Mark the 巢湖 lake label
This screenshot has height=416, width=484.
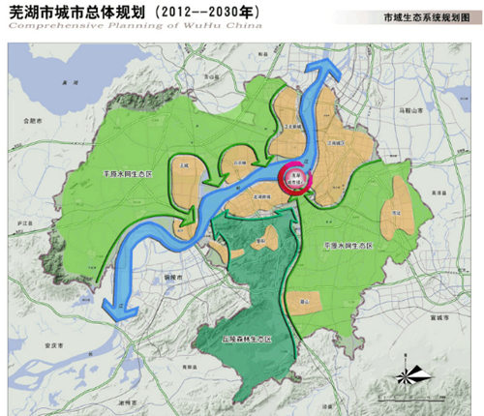[67, 86]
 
